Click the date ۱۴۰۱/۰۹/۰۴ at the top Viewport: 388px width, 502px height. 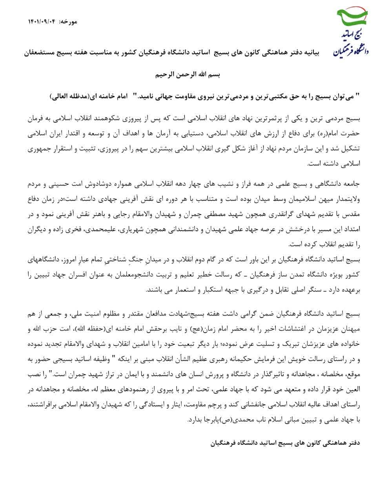42,20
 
